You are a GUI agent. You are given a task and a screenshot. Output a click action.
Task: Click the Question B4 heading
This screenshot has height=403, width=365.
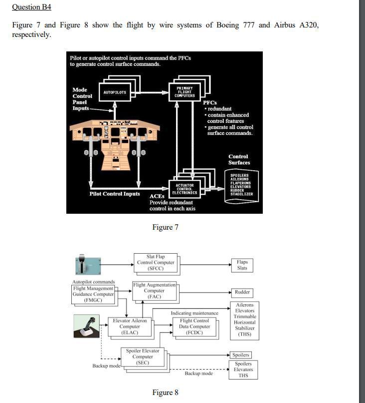point(31,7)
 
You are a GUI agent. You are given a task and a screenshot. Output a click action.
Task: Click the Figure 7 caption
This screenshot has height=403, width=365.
point(165,228)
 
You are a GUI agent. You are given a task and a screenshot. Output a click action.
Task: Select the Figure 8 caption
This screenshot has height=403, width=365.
point(165,393)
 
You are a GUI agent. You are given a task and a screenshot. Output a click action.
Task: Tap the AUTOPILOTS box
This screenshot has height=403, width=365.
point(115,92)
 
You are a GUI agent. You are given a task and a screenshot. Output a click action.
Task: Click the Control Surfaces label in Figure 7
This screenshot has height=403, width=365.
point(239,160)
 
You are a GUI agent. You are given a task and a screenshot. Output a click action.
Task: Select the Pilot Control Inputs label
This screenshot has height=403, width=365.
point(115,194)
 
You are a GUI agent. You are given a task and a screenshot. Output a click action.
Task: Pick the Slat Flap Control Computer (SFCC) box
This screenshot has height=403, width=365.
point(156,263)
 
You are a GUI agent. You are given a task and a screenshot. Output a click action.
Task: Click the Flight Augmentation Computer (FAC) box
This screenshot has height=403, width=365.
point(154,291)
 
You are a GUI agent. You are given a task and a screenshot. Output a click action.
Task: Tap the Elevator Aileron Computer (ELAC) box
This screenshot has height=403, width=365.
point(130,327)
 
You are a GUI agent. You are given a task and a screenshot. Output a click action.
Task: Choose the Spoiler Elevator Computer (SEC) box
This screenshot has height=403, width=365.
point(143,357)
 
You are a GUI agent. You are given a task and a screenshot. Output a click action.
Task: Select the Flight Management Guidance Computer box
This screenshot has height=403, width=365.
point(94,294)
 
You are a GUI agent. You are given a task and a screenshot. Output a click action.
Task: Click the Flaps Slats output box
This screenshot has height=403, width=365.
point(242,265)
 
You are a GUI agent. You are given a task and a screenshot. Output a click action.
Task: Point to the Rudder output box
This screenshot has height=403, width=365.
point(242,292)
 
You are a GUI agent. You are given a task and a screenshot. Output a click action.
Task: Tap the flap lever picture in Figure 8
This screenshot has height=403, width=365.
point(88,264)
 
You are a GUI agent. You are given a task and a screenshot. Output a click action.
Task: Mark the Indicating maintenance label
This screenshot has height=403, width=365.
point(194,314)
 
